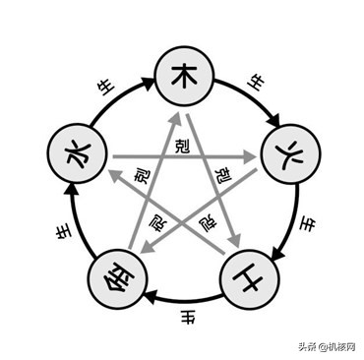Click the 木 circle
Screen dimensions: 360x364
tap(182, 76)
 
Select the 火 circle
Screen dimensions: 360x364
tap(285, 154)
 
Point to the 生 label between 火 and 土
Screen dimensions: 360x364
tap(306, 223)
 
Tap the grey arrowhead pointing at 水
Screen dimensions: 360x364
tap(111, 174)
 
